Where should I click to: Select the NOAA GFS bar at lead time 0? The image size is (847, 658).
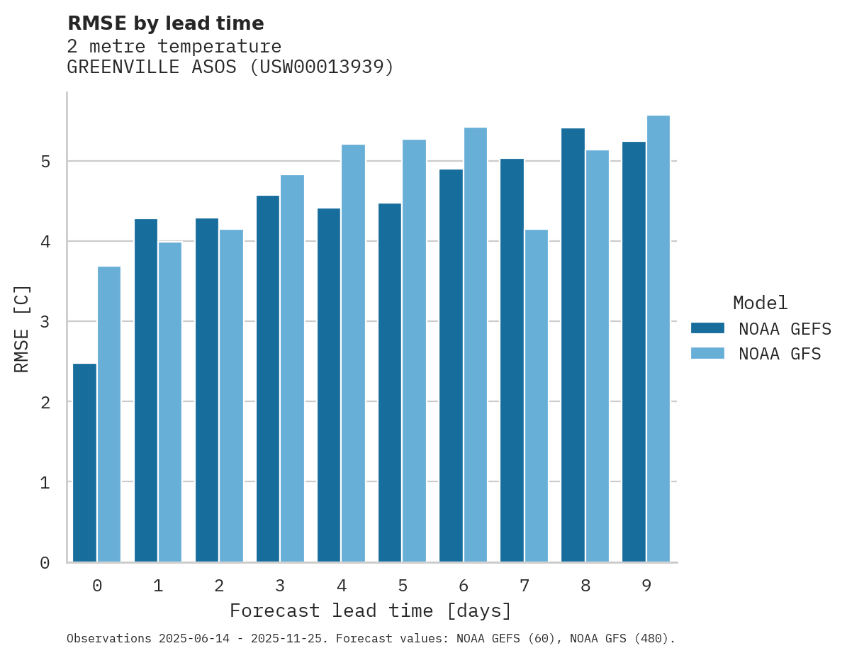[109, 414]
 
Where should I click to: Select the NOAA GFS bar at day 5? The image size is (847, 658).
[414, 350]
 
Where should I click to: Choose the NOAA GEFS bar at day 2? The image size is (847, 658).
[207, 389]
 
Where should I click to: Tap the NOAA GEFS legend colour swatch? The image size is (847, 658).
[707, 328]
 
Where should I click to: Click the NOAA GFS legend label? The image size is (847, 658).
[780, 354]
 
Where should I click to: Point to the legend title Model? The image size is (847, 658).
[760, 303]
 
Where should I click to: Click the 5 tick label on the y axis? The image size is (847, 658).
[45, 162]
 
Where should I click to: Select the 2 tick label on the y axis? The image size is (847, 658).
[45, 402]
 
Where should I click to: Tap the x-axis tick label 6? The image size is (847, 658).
[464, 586]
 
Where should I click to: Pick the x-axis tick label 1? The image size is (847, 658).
[158, 586]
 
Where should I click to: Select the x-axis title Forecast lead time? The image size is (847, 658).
[371, 610]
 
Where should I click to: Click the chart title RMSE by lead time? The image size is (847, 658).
[165, 23]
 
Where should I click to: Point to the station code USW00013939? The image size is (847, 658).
[322, 67]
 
